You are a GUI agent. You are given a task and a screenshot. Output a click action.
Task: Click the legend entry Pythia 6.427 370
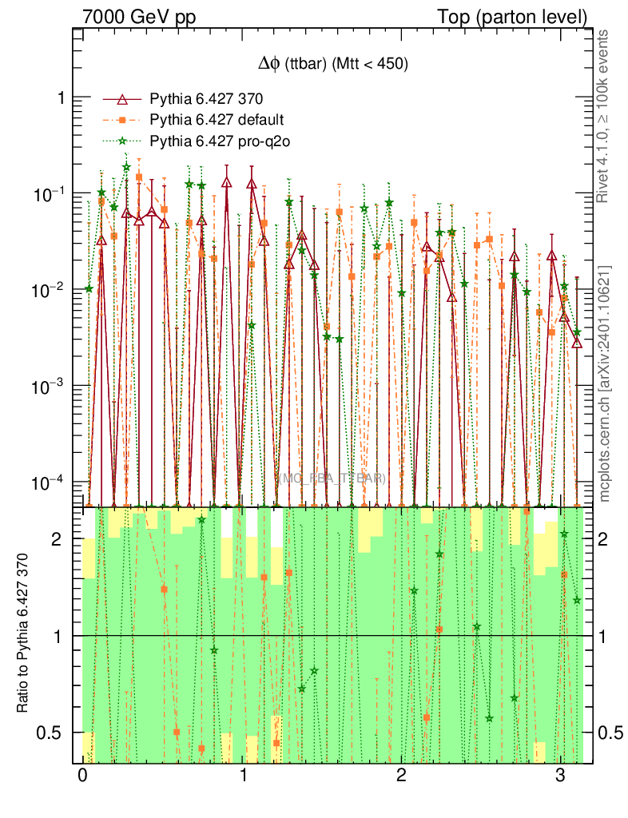click(x=206, y=99)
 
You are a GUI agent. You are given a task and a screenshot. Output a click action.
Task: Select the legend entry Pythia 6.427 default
click(x=217, y=120)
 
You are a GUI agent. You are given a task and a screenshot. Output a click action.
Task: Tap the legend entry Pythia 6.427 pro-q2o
click(x=218, y=141)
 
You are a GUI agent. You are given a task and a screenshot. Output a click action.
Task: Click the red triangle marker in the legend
click(x=122, y=99)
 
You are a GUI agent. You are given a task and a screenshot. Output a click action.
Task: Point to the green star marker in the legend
click(x=122, y=141)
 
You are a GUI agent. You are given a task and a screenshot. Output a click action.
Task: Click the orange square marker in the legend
click(x=122, y=120)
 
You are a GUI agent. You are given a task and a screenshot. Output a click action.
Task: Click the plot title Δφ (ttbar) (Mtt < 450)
click(x=328, y=65)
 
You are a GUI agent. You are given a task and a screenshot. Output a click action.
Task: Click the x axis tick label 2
click(x=401, y=776)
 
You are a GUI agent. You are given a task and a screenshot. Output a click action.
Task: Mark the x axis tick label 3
click(x=560, y=776)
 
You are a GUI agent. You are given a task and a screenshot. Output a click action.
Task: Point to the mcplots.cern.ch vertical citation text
click(x=605, y=383)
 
